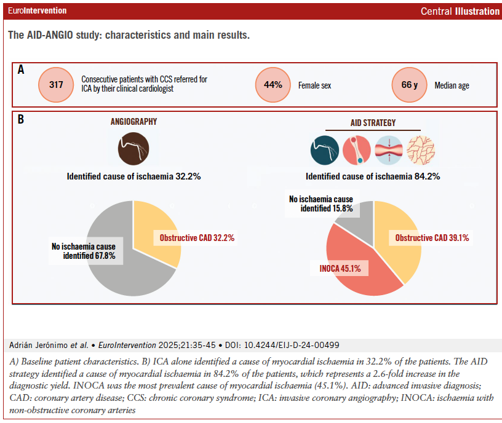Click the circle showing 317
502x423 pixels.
click(x=56, y=85)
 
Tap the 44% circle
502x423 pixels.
click(x=273, y=85)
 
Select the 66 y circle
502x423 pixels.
click(x=410, y=85)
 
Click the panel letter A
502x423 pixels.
click(x=21, y=70)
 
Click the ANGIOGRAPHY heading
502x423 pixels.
click(x=133, y=122)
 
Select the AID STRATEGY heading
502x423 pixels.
click(x=372, y=122)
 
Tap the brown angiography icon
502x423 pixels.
click(x=133, y=148)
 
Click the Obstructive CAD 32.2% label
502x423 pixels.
click(x=197, y=237)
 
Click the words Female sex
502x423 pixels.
click(x=314, y=85)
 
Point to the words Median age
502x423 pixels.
click(x=452, y=85)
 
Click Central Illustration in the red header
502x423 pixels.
click(x=460, y=11)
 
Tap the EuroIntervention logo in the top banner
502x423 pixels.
click(x=38, y=11)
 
